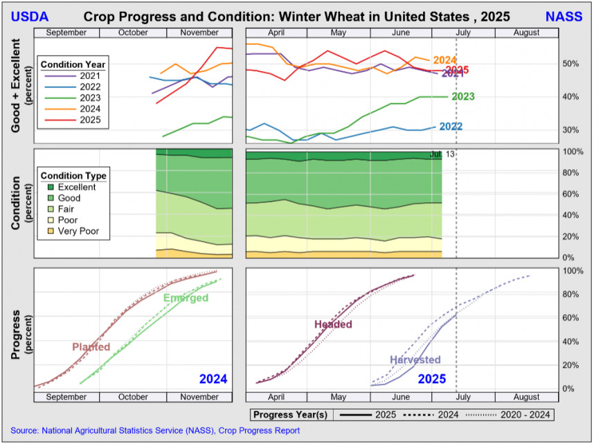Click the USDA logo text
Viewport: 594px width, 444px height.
tap(30, 15)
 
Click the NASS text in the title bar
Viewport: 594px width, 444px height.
tap(564, 15)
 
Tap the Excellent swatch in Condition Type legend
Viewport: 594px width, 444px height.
tap(50, 187)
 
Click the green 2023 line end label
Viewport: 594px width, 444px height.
tap(462, 97)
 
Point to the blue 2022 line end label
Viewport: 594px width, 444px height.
tap(451, 127)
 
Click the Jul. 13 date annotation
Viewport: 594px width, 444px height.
tap(442, 154)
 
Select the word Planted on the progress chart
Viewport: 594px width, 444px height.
tap(91, 346)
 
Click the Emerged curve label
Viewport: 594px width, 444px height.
tap(186, 298)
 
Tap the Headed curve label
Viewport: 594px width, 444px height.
tap(333, 324)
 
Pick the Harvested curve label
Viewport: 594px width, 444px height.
tap(415, 359)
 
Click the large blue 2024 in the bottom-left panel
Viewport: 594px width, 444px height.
tap(213, 379)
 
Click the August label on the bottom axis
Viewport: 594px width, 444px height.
tap(527, 397)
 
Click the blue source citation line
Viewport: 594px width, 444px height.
tap(155, 431)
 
